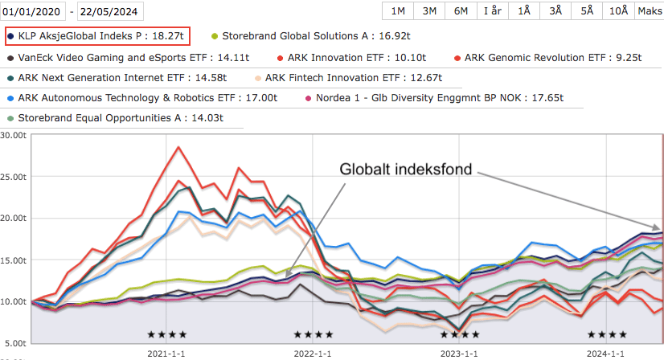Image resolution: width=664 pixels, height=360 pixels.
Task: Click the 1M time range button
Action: (398, 10)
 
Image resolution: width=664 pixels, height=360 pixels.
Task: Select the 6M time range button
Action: (461, 10)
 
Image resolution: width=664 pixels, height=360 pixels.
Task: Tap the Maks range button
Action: (650, 10)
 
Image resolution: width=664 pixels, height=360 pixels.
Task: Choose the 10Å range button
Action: (618, 10)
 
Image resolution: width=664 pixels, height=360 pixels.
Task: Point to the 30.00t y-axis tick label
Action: (14, 135)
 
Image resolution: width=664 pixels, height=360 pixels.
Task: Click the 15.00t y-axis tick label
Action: (14, 260)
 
